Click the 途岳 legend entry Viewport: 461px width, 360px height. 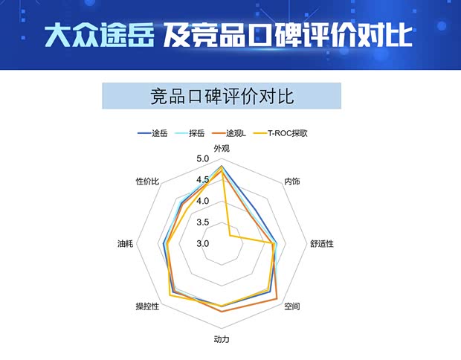[152, 134]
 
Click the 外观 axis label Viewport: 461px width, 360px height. [222, 149]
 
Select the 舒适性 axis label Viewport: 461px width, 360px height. [322, 243]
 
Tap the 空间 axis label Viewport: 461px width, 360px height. [293, 306]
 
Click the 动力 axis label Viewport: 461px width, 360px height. [222, 339]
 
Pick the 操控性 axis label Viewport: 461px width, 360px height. [147, 306]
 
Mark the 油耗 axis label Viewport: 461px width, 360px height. [126, 243]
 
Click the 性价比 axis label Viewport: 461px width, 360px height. [147, 181]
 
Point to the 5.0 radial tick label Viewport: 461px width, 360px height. [203, 159]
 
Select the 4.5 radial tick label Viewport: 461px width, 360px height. [203, 180]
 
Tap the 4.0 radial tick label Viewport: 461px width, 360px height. [203, 201]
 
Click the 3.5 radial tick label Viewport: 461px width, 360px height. [203, 222]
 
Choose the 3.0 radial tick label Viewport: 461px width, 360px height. [203, 243]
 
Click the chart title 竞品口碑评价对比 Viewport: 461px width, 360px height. [221, 96]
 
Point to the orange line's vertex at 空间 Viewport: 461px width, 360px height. [277, 299]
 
